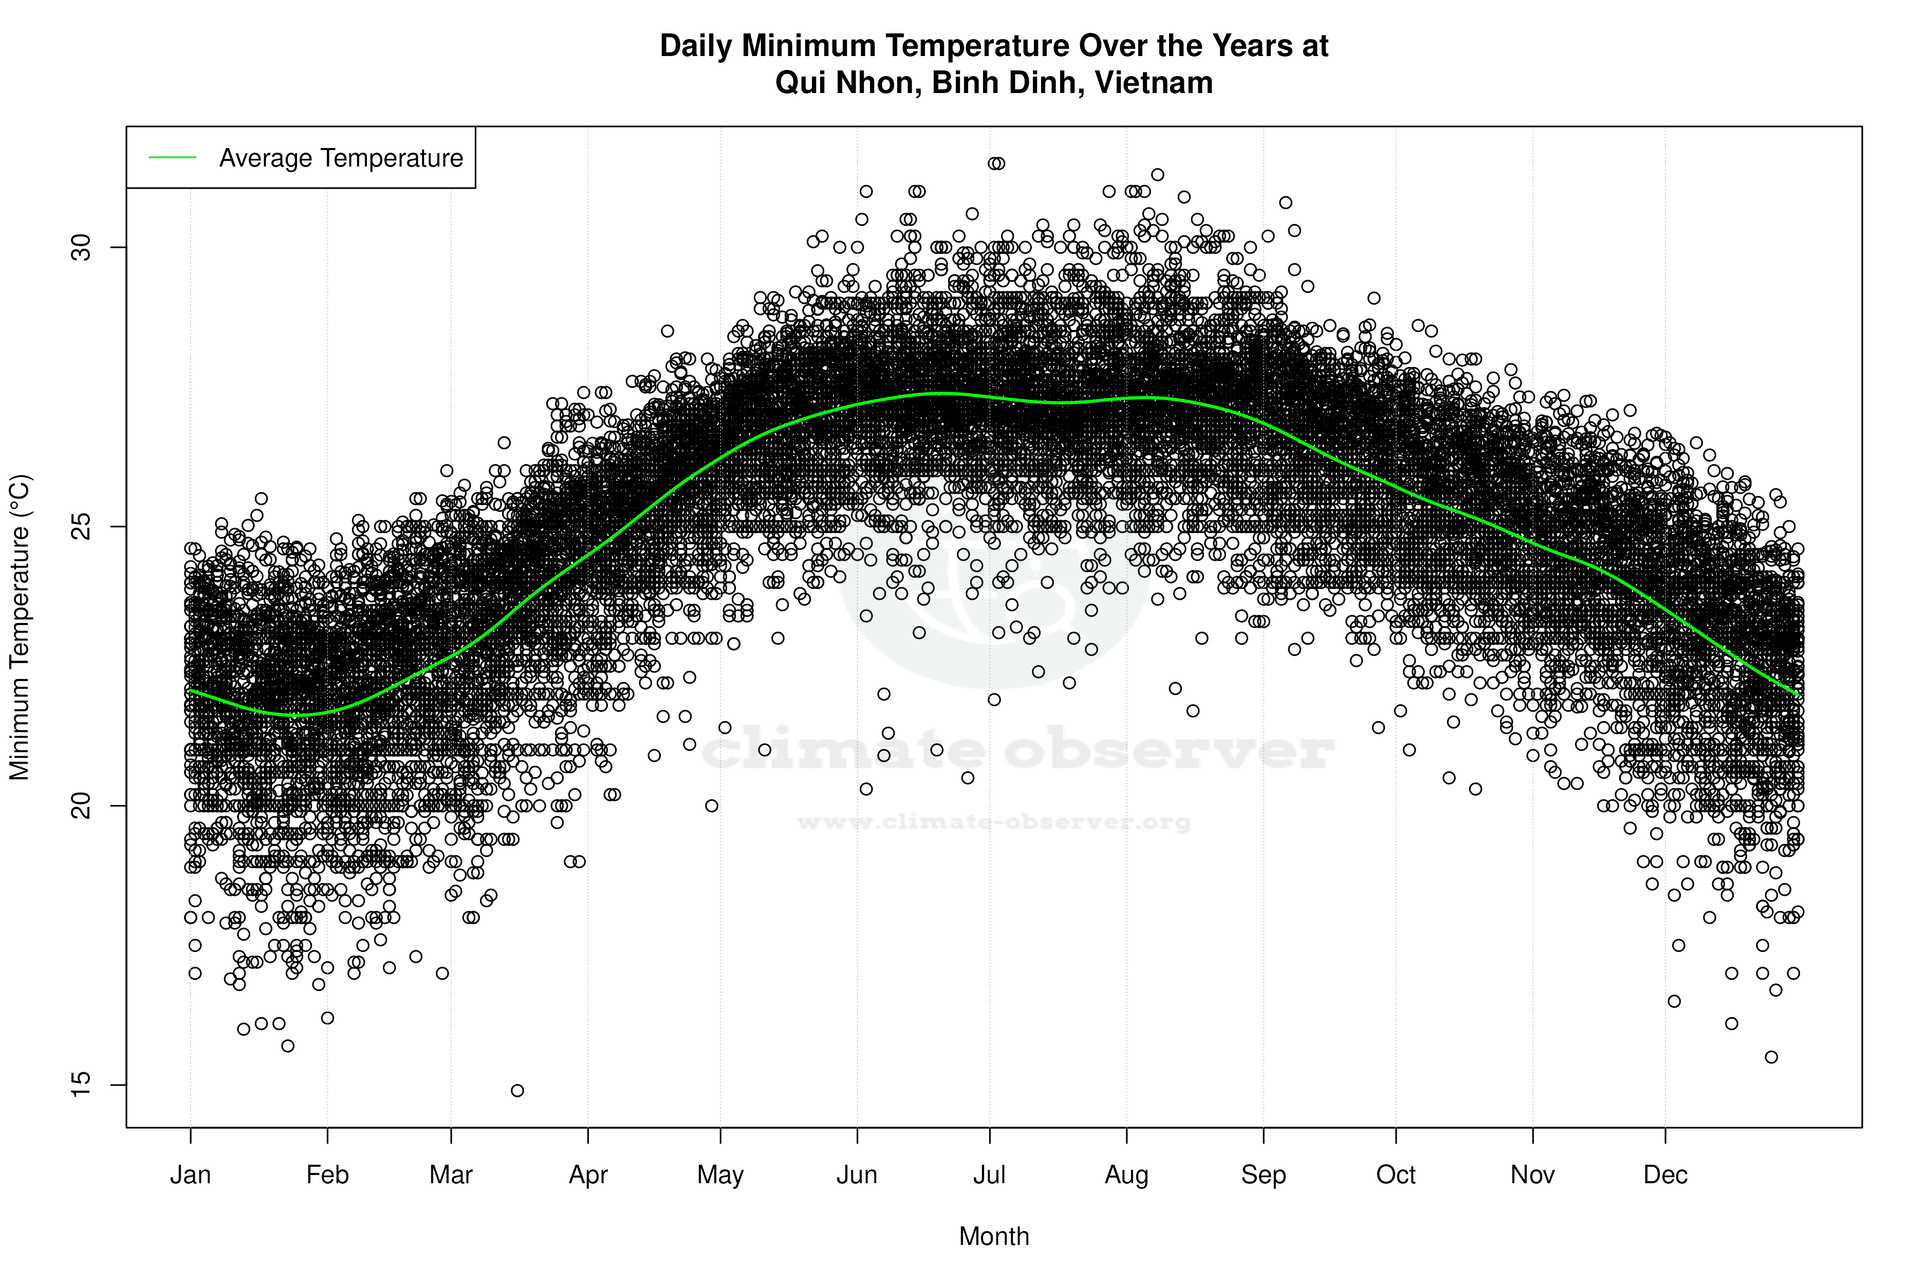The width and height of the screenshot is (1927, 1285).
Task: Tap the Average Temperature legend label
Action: tap(341, 158)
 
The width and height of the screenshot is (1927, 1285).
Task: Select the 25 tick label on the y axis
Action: tap(80, 526)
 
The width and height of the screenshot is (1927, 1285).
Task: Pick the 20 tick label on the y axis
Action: tap(80, 805)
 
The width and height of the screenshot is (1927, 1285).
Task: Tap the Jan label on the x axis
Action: tap(190, 1175)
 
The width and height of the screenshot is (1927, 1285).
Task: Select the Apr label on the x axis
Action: tap(588, 1175)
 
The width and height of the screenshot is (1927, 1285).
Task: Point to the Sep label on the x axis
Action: tap(1264, 1175)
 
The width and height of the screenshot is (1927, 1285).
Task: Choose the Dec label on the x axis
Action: tap(1665, 1175)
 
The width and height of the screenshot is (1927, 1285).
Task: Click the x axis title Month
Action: tap(994, 1236)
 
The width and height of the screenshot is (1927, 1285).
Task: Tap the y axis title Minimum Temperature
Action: tap(20, 627)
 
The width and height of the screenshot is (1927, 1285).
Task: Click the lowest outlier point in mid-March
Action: tap(517, 1091)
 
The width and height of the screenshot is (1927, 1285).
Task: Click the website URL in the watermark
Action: tap(993, 822)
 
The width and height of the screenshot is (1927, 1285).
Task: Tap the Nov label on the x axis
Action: tap(1532, 1175)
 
